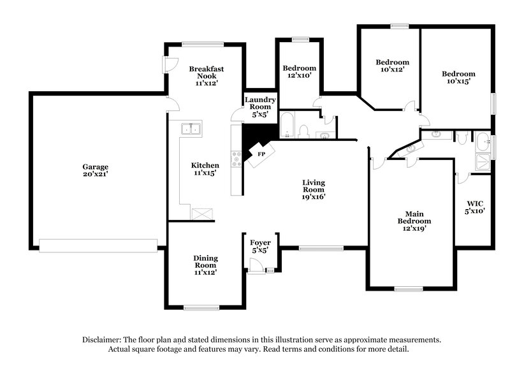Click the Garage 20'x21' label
pos(94,170)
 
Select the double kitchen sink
pos(191,129)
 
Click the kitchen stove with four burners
pos(237,158)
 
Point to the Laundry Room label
pos(260,107)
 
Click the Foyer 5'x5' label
pos(259,246)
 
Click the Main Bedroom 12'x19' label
pos(411,221)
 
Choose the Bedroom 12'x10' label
pos(299,71)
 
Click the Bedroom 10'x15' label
pos(458,77)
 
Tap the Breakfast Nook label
pos(205,75)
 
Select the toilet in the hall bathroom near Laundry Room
pos(303,131)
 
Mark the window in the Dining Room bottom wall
pos(202,308)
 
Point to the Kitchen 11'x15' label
pos(205,169)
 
